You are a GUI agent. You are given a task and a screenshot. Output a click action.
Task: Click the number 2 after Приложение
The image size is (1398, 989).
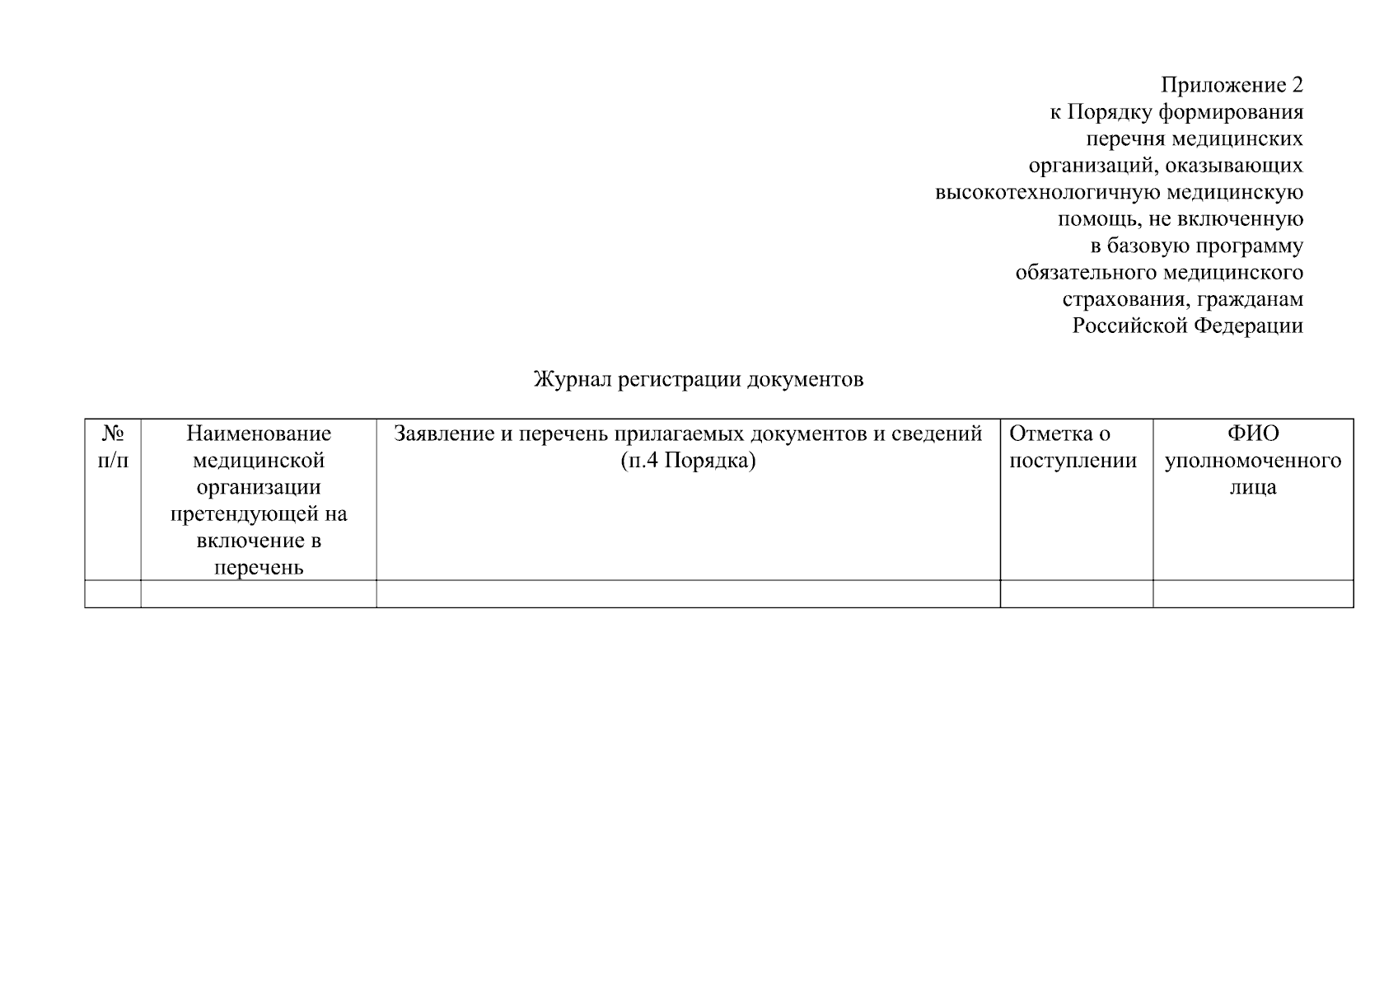(x=1296, y=86)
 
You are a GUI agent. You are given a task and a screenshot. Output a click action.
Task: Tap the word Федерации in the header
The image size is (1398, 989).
(x=1249, y=326)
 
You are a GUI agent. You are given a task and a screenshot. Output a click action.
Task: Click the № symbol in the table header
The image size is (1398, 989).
(x=113, y=434)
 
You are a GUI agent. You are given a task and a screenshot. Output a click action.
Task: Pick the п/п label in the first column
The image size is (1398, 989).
(x=113, y=461)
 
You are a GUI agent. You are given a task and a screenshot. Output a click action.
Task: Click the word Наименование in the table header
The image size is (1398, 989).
(x=259, y=434)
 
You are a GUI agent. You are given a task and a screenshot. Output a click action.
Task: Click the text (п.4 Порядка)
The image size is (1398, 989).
(x=688, y=461)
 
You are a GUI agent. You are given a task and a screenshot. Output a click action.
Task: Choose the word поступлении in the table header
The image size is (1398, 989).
(x=1073, y=461)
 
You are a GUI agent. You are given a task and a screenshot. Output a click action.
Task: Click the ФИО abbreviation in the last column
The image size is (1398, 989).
(x=1252, y=434)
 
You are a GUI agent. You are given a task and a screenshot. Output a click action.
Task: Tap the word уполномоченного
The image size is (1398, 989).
(x=1252, y=461)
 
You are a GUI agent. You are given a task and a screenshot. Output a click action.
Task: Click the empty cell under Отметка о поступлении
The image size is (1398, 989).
(x=1076, y=594)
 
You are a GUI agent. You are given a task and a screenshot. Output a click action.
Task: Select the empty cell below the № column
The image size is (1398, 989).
(x=113, y=594)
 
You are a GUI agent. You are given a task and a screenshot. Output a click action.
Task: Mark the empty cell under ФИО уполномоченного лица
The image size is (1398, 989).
(x=1252, y=594)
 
